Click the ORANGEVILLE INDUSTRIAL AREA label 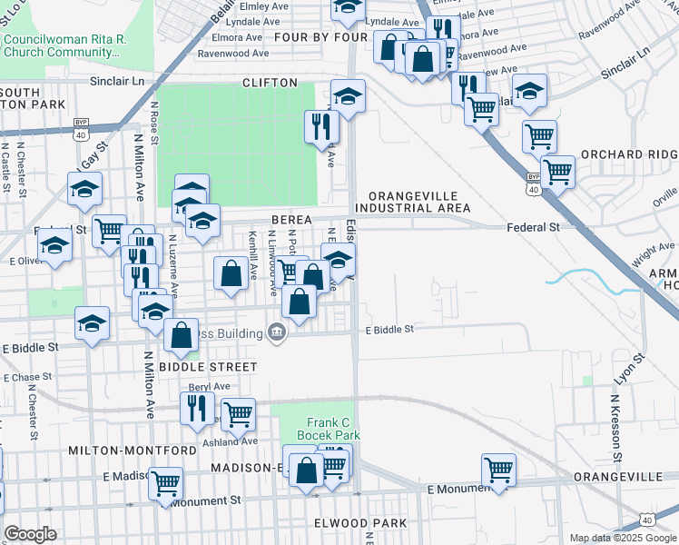point(412,203)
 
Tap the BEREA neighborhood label point(290,221)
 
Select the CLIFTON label point(270,83)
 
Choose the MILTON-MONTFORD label point(132,451)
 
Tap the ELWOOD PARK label point(360,523)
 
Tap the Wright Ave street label point(654,252)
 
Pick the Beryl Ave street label point(205,387)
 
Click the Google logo point(30,533)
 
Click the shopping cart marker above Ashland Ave point(238,413)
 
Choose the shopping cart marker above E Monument point(498,469)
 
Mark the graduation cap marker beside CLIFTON point(348,94)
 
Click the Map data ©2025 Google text point(623,538)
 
